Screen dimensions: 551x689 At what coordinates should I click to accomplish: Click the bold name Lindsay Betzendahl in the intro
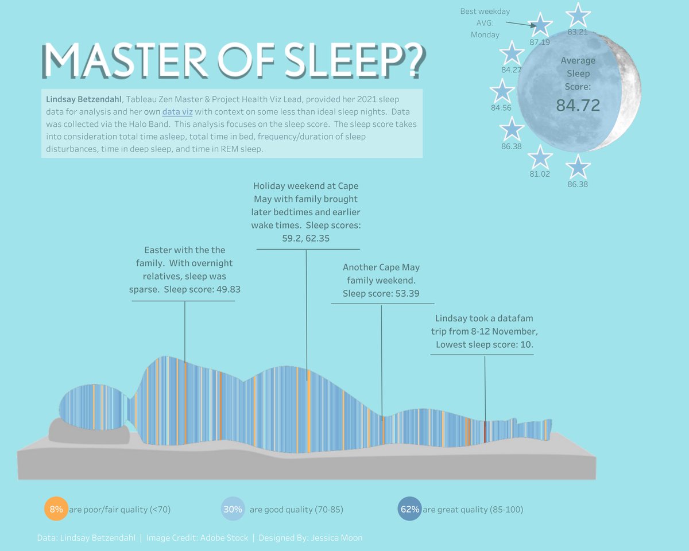point(84,99)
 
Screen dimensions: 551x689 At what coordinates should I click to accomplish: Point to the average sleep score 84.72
point(578,106)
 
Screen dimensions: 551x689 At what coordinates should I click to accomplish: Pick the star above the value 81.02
point(540,157)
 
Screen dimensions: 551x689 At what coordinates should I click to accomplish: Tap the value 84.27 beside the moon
point(511,70)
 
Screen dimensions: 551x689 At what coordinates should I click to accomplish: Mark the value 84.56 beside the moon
point(501,107)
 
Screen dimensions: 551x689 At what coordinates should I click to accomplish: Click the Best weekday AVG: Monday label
point(485,23)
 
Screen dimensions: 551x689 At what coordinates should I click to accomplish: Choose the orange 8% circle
point(56,509)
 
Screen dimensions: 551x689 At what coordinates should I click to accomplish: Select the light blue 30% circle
point(233,509)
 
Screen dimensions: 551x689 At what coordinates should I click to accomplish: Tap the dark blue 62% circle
point(410,509)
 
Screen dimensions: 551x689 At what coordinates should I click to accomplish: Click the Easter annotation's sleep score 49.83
point(227,289)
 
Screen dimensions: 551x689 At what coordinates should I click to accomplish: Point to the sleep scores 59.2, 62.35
point(305,238)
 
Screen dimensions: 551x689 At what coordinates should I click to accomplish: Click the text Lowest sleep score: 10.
point(485,345)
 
